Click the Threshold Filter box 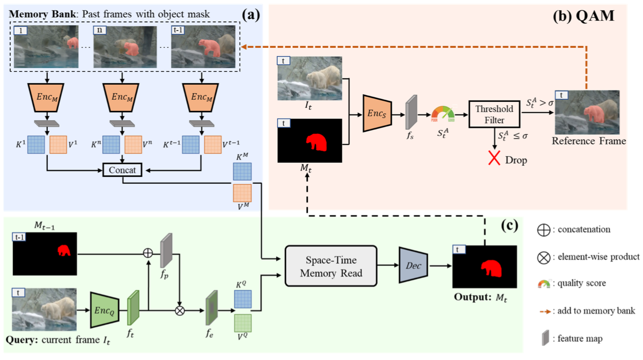(x=494, y=114)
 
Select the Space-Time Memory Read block (x=331, y=266)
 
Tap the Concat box (x=122, y=170)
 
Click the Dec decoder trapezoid (x=414, y=265)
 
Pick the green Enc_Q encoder (x=105, y=310)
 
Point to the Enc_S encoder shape (x=377, y=114)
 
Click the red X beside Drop (x=494, y=158)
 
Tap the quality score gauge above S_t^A (x=443, y=114)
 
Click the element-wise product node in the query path (x=179, y=311)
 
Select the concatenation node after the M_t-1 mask (x=148, y=253)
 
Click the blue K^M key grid (x=242, y=171)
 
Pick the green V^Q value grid (x=243, y=323)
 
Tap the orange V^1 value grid (x=58, y=145)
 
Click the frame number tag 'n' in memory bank (x=99, y=30)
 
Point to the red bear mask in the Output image (x=492, y=268)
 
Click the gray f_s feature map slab (x=411, y=112)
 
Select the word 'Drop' (x=516, y=160)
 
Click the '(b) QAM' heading (x=584, y=16)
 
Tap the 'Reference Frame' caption (x=589, y=141)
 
